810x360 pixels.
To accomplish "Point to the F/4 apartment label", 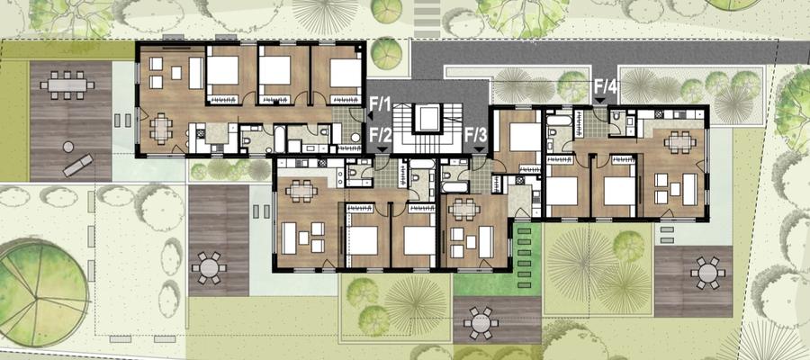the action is [606, 86].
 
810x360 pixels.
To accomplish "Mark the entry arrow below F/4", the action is [600, 101].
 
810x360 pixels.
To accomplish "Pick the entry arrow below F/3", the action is [479, 149].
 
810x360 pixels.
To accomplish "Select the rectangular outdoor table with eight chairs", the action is [67, 85].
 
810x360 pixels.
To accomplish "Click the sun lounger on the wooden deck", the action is [78, 165].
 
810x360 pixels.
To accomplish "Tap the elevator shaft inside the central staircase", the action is [427, 118].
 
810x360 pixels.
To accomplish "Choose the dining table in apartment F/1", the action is [162, 129].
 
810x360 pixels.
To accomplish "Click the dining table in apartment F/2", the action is [301, 192].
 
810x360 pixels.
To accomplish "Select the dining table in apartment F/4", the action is [679, 141].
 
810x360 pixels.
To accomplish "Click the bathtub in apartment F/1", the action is [279, 139].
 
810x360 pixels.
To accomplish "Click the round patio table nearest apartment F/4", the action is [706, 273].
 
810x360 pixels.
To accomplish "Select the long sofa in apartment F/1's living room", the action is [196, 73].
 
